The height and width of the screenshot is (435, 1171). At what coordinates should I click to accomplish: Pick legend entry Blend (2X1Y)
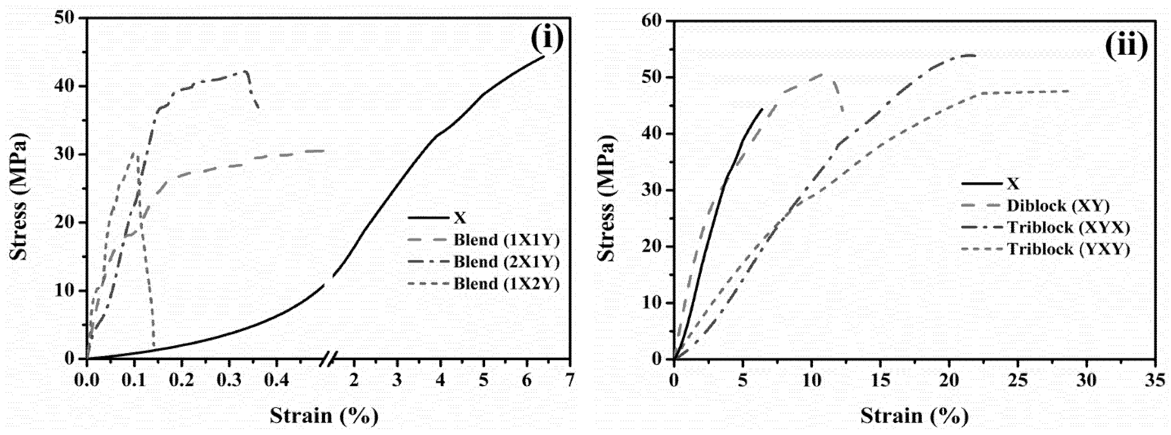pyautogui.click(x=506, y=262)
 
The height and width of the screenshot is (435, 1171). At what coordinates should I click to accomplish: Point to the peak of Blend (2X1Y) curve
pyautogui.click(x=245, y=71)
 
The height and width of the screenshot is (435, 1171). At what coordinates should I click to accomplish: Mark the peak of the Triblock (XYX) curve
pyautogui.click(x=967, y=55)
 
